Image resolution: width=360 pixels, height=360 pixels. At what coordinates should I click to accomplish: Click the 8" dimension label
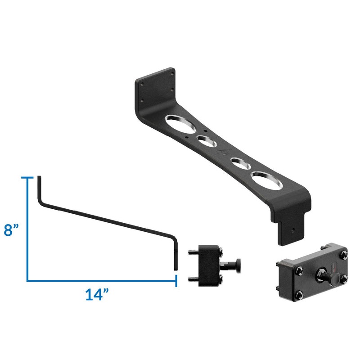(13, 230)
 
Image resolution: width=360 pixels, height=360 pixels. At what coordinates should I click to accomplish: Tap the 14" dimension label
(98, 295)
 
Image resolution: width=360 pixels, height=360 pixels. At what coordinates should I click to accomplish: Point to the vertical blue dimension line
(28, 229)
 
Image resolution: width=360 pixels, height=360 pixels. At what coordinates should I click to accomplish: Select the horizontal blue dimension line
(101, 281)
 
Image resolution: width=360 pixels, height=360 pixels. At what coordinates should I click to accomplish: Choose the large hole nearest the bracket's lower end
(265, 180)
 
